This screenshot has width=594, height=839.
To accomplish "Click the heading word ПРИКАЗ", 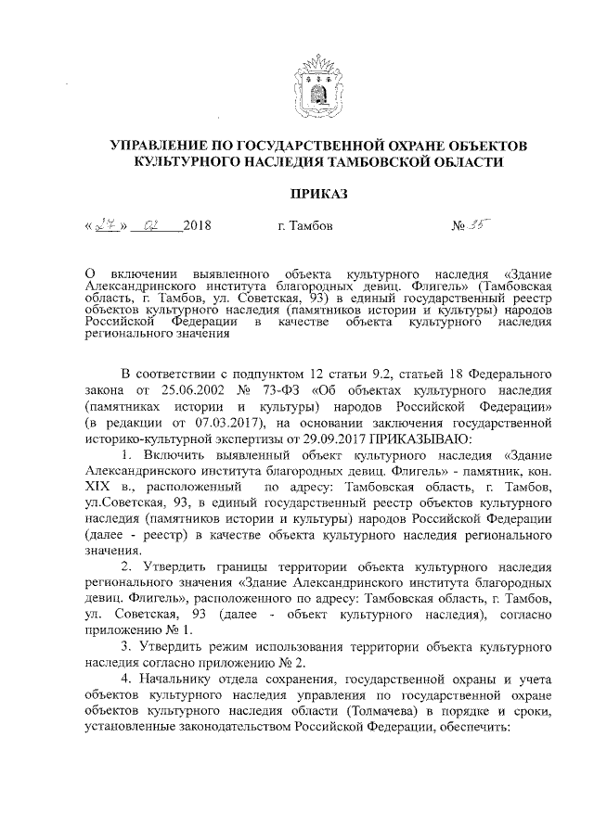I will (x=318, y=195).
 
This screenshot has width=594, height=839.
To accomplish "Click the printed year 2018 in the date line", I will (x=198, y=227).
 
